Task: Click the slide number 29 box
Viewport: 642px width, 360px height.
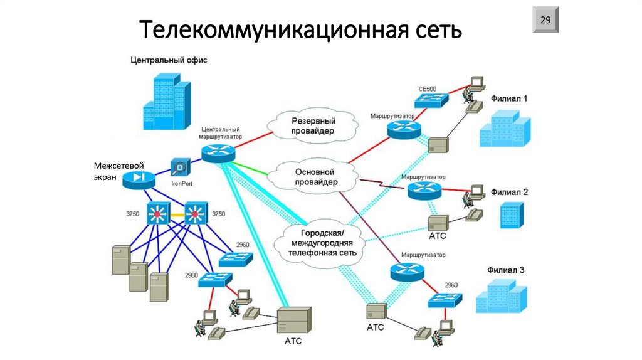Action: pos(545,21)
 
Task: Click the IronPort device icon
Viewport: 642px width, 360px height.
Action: pos(180,168)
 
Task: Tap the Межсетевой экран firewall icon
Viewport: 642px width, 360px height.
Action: pos(138,179)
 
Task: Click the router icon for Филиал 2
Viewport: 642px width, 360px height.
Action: pos(424,191)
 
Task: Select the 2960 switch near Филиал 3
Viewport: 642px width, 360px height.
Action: pos(446,299)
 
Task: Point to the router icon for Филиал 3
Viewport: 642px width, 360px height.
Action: pos(406,271)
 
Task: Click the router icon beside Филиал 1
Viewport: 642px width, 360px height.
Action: pos(403,129)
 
